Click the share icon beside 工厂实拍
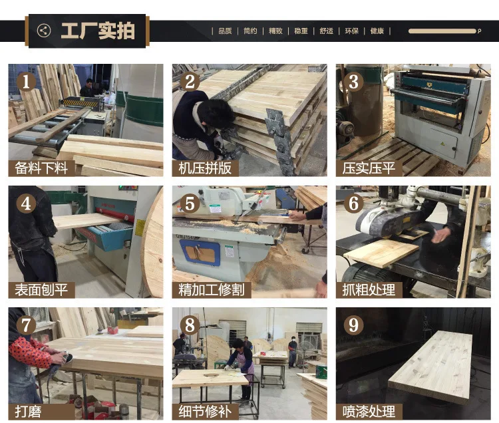pos(44,31)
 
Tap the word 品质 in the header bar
pos(225,31)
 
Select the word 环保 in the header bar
pos(352,31)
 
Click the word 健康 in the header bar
pos(377,31)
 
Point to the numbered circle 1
pos(26,81)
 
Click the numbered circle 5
pos(190,204)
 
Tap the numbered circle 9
pos(353,325)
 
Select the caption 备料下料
pos(41,168)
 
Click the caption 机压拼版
pos(205,168)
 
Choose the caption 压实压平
pos(369,168)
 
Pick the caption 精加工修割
pos(212,290)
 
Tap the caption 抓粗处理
pos(369,290)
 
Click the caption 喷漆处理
pos(369,412)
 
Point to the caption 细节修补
pos(205,412)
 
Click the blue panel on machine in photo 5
pos(200,253)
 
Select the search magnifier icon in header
pos(479,31)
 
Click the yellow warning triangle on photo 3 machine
pos(442,144)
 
